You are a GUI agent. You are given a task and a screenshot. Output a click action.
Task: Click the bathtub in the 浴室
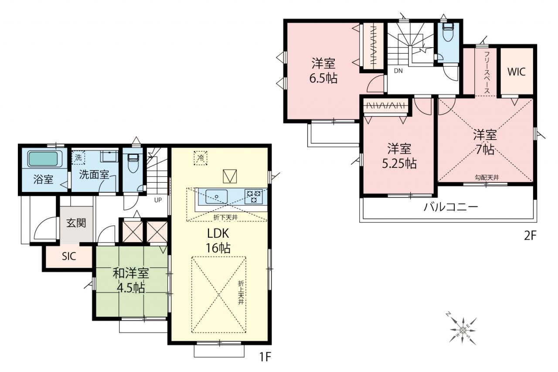click(43, 159)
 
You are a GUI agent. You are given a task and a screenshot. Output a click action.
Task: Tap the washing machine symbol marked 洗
click(78, 157)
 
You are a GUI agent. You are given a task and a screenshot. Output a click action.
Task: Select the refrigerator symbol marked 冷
click(201, 158)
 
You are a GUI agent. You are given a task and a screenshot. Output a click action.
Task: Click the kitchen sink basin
click(217, 197)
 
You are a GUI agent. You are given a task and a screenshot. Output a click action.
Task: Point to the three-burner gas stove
click(254, 197)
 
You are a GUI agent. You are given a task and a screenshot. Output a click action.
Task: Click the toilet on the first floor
click(133, 163)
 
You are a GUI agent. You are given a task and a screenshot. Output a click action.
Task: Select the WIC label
click(517, 72)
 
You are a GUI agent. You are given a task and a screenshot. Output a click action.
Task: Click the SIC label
click(69, 256)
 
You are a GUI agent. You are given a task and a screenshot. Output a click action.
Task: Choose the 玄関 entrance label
click(76, 223)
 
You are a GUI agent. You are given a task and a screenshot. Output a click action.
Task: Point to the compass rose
click(463, 331)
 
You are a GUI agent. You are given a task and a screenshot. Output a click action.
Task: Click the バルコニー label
click(451, 207)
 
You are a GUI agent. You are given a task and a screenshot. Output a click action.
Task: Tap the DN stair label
click(398, 71)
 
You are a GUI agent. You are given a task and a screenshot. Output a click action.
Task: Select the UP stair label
click(158, 200)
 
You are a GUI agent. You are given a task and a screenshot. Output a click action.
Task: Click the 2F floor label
click(530, 235)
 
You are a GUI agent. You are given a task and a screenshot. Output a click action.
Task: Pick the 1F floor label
click(265, 357)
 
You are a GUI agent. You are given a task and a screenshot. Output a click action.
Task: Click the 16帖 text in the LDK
click(218, 248)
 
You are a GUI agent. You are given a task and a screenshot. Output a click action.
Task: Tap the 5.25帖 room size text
click(399, 164)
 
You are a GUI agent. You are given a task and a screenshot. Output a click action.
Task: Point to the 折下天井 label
click(225, 218)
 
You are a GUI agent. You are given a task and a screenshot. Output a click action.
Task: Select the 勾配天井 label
click(487, 177)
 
